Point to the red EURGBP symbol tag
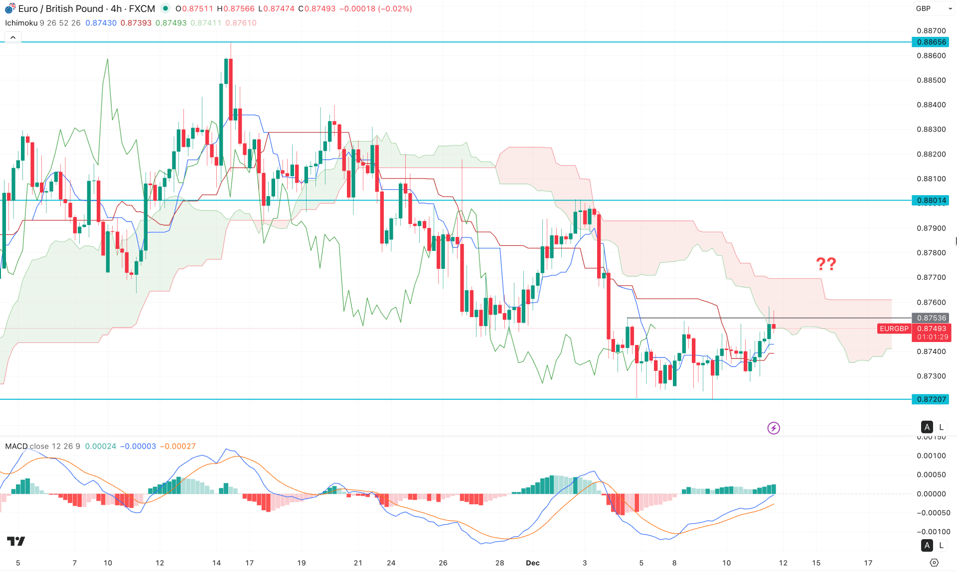[894, 329]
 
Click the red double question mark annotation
[826, 264]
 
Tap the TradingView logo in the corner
[16, 541]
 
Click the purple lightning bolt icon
[774, 428]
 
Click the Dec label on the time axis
[533, 563]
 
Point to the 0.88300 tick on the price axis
[931, 129]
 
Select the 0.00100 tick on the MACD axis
[931, 456]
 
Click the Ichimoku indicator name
[21, 23]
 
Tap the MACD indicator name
[16, 446]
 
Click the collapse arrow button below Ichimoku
[13, 37]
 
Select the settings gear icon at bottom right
[934, 563]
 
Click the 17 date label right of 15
[868, 563]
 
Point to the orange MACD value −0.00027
[177, 446]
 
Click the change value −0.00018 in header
[357, 9]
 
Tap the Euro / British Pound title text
[61, 9]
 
